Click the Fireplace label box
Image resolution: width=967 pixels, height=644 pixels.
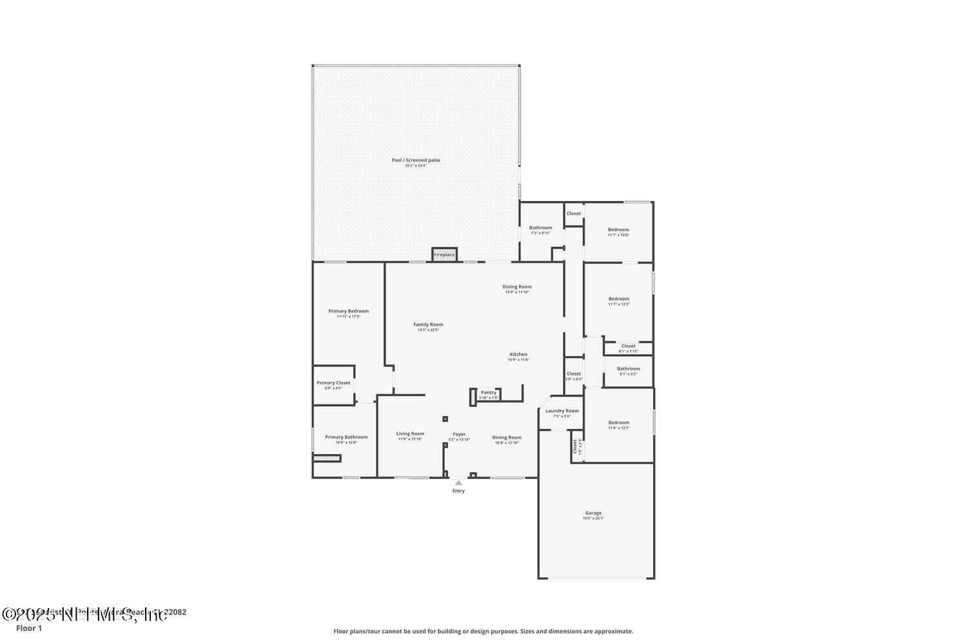tap(444, 254)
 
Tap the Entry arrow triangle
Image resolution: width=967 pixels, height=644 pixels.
tap(458, 482)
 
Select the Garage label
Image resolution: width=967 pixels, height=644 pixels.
tap(593, 513)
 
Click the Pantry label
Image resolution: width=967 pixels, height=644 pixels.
tap(489, 392)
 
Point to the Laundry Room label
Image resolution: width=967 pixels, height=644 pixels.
tap(562, 411)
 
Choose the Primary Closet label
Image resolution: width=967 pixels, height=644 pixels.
tap(333, 383)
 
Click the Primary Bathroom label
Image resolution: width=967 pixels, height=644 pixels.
tap(346, 437)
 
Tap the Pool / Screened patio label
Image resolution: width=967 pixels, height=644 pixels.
tap(416, 160)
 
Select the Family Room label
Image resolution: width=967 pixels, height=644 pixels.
tap(428, 325)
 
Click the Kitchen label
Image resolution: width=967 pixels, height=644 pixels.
tap(518, 354)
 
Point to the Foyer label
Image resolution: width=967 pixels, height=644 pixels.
tap(459, 434)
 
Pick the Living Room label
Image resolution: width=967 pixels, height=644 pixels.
tap(410, 433)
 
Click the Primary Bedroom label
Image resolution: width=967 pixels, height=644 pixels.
tap(348, 311)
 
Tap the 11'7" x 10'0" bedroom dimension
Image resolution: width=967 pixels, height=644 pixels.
tap(618, 235)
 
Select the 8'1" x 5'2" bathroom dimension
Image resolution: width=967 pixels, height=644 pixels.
tap(628, 374)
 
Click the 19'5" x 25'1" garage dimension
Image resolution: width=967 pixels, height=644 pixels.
tap(593, 518)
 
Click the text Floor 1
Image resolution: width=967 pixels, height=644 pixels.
tap(29, 629)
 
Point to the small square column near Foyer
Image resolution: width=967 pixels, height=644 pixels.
tap(445, 419)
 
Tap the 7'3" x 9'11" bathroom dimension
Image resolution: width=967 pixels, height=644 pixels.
tap(540, 233)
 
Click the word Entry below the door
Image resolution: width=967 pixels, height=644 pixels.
tap(458, 491)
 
